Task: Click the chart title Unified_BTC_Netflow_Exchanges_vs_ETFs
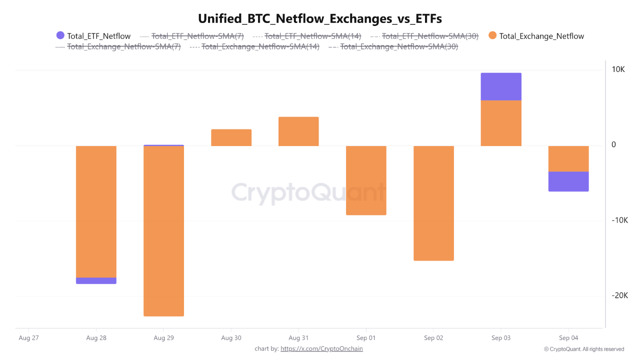(x=320, y=18)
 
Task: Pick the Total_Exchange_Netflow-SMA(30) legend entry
(x=398, y=47)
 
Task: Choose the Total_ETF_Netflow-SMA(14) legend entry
(x=312, y=36)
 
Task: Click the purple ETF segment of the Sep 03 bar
(x=501, y=86)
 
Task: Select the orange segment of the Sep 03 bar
(x=501, y=123)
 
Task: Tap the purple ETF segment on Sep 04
(x=568, y=181)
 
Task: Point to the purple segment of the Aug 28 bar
(x=96, y=280)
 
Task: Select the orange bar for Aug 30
(x=231, y=137)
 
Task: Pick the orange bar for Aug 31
(x=298, y=131)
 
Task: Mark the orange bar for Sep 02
(x=433, y=203)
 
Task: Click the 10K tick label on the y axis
(x=618, y=69)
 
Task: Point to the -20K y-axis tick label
(x=619, y=295)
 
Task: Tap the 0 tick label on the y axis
(x=613, y=145)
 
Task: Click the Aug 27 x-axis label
(x=28, y=338)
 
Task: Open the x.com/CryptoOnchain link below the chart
(x=321, y=348)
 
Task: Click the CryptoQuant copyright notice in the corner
(x=584, y=349)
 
